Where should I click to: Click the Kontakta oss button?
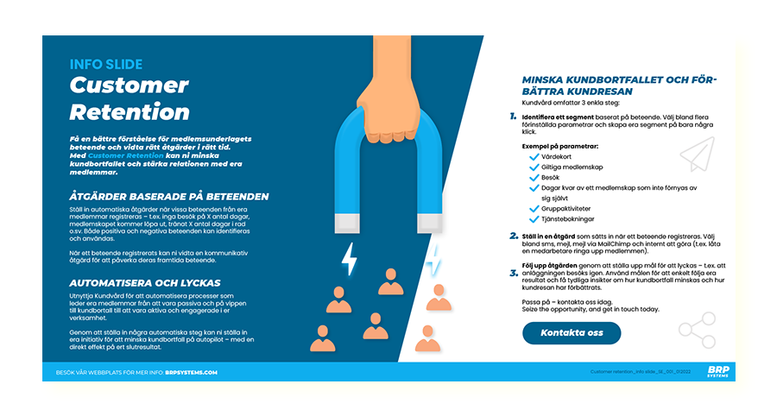pyautogui.click(x=571, y=332)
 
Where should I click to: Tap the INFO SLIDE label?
pyautogui.click(x=106, y=64)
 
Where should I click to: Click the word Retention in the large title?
pyautogui.click(x=129, y=111)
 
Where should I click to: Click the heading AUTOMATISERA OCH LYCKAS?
pyautogui.click(x=145, y=282)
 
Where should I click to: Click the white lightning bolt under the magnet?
pyautogui.click(x=350, y=257)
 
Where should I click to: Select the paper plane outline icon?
pyautogui.click(x=698, y=154)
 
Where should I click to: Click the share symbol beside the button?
pyautogui.click(x=697, y=330)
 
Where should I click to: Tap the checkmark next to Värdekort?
pyautogui.click(x=534, y=158)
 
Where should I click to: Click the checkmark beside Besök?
pyautogui.click(x=534, y=177)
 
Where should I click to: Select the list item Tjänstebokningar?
pyautogui.click(x=573, y=218)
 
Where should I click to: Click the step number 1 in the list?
pyautogui.click(x=513, y=116)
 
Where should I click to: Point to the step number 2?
pyautogui.click(x=513, y=234)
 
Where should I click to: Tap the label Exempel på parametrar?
pyautogui.click(x=559, y=146)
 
